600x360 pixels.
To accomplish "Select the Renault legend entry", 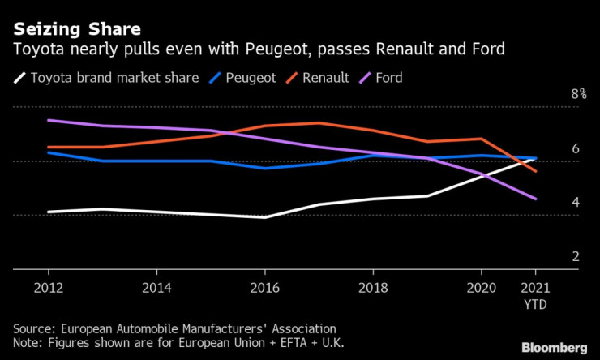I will pos(326,78).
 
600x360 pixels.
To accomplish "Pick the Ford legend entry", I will pos(388,78).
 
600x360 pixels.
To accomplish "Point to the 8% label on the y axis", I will pos(578,95).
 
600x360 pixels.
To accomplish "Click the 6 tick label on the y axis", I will pos(575,149).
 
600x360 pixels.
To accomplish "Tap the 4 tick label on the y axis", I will pos(575,203).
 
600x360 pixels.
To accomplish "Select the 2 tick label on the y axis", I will pos(575,256).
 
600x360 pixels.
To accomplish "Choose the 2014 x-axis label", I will pos(156,288).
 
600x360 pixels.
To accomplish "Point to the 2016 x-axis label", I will pos(264,288).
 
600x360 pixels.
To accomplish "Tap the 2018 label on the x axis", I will pos(372,288).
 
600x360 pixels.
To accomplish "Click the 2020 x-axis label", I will pos(480,288).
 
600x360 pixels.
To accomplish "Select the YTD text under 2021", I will pos(535,305).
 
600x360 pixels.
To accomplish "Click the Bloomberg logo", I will pos(555,348).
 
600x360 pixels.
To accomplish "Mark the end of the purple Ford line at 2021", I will pos(535,199).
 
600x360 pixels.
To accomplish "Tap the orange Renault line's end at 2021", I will pos(535,171).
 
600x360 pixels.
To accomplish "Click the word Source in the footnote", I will pos(33,328).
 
